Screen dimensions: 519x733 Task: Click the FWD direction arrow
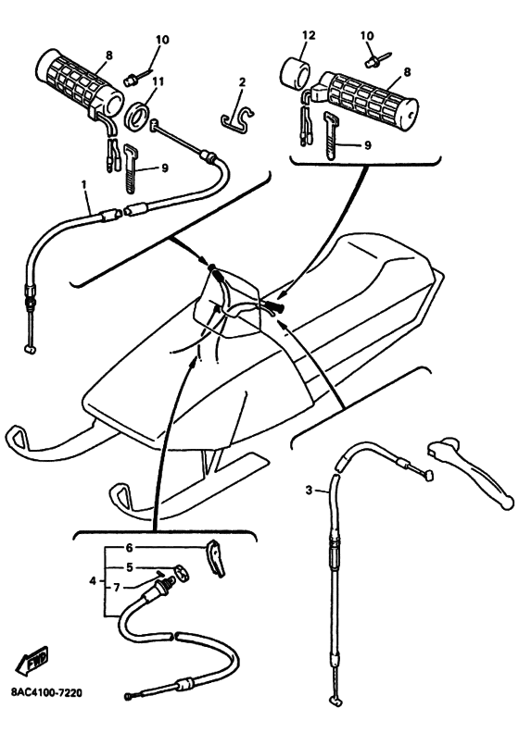pyautogui.click(x=32, y=660)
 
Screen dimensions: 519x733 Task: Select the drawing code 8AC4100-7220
pyautogui.click(x=46, y=692)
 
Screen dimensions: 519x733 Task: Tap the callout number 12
pyautogui.click(x=309, y=35)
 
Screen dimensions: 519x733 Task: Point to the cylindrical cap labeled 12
pyautogui.click(x=296, y=72)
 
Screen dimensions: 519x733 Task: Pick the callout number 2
pyautogui.click(x=242, y=82)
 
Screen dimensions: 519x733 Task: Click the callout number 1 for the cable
pyautogui.click(x=84, y=185)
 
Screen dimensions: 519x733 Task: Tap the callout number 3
pyautogui.click(x=309, y=491)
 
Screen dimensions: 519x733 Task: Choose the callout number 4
pyautogui.click(x=93, y=580)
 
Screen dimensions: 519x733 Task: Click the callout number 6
pyautogui.click(x=130, y=547)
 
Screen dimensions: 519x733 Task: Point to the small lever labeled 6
pyautogui.click(x=215, y=558)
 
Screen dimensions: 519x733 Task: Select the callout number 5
pyautogui.click(x=130, y=567)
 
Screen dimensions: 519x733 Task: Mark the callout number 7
pyautogui.click(x=117, y=587)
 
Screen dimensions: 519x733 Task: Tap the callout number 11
pyautogui.click(x=158, y=81)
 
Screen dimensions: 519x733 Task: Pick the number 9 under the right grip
pyautogui.click(x=367, y=145)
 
